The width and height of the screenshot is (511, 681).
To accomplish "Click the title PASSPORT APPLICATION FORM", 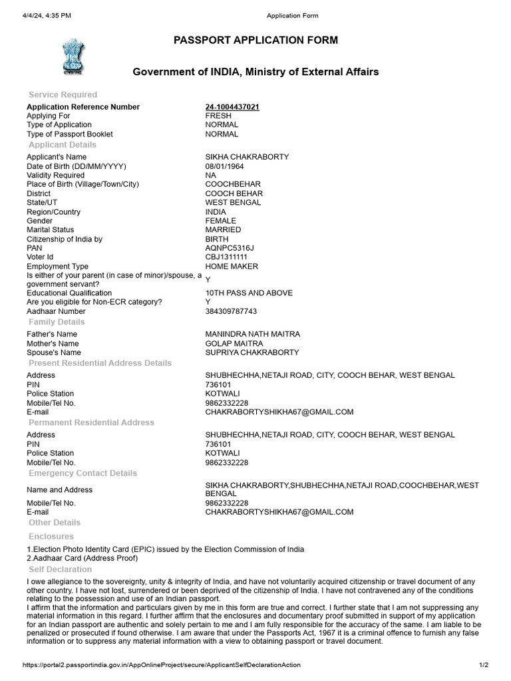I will tap(255, 41).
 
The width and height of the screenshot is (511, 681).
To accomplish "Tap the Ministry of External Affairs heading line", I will tap(255, 72).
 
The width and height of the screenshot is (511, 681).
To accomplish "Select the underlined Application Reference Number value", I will tap(232, 107).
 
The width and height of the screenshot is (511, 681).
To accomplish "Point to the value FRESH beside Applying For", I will tap(218, 116).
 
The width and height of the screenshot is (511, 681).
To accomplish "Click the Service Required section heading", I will tap(63, 94).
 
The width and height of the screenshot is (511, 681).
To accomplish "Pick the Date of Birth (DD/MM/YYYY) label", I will tap(76, 166).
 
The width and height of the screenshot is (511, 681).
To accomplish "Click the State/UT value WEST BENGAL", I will tap(233, 202).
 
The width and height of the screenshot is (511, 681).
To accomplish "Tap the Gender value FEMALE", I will tap(220, 221).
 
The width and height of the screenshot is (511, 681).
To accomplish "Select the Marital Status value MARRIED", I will tap(223, 230).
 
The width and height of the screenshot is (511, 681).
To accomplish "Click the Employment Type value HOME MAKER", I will tap(232, 267).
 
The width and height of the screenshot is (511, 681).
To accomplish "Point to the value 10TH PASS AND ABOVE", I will tap(249, 293).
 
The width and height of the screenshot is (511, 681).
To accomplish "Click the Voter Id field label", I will tap(40, 257).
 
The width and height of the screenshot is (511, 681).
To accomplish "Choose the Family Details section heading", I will tap(57, 322).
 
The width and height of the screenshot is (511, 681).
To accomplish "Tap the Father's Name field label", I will tap(52, 334).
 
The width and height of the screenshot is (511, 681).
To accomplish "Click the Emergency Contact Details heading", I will tap(83, 473).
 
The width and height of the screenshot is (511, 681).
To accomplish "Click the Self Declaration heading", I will tap(61, 569).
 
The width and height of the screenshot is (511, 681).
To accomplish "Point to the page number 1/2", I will tap(484, 665).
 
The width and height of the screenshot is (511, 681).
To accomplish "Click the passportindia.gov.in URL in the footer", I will tap(161, 665).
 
